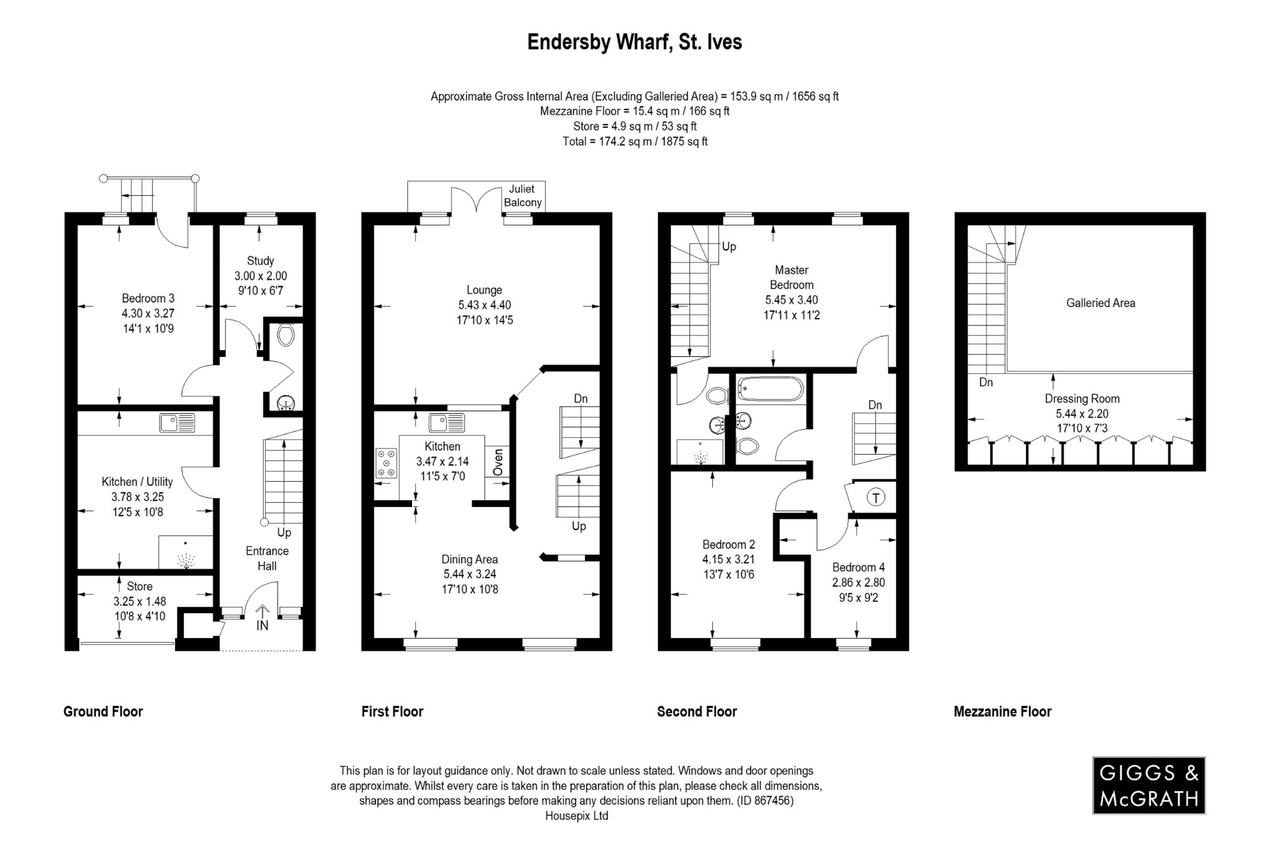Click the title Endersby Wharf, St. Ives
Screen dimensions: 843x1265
[634, 42]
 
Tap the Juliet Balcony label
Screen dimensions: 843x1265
[523, 196]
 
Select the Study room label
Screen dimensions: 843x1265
[260, 261]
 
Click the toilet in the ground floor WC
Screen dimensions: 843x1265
[285, 335]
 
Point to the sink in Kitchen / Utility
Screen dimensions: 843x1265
[177, 423]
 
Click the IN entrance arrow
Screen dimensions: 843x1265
[263, 618]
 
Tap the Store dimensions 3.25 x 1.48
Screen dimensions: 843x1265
[140, 601]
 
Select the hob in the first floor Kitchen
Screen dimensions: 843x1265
[387, 463]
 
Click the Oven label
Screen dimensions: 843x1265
[498, 462]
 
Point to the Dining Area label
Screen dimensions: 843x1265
[469, 560]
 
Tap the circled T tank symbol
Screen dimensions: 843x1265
[876, 497]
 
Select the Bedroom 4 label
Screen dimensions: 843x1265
[858, 567]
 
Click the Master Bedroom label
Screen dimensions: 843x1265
[791, 277]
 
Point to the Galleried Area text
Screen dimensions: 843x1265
[1100, 303]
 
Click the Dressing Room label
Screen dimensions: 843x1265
[1082, 399]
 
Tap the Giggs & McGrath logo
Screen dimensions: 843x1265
[1148, 786]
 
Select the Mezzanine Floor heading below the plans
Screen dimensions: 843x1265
[1002, 711]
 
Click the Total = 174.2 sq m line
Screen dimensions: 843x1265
[634, 141]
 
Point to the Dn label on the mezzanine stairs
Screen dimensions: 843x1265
[986, 382]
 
